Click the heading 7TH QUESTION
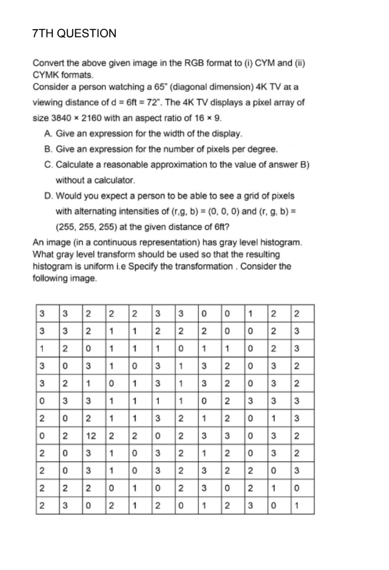74,34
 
